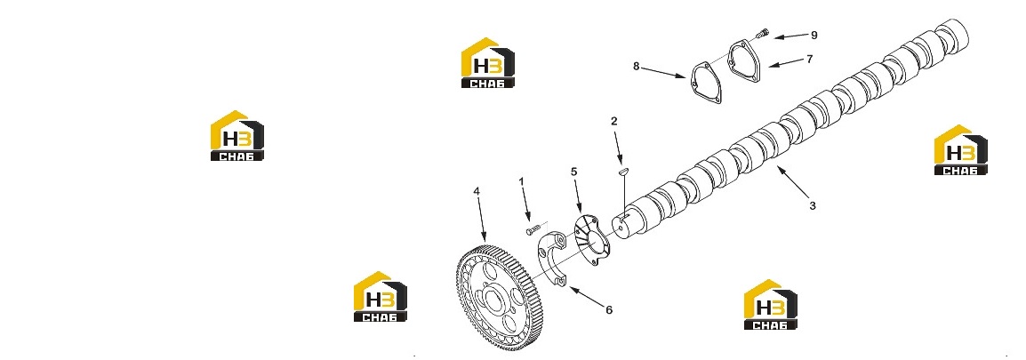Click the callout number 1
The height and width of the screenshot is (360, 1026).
click(522, 180)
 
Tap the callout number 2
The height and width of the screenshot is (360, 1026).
click(613, 121)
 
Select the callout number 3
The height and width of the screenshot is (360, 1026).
click(812, 205)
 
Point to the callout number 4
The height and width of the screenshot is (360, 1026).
click(477, 191)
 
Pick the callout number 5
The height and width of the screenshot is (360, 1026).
click(573, 172)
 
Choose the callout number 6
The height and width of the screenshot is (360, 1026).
click(608, 310)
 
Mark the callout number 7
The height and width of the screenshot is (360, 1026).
click(809, 59)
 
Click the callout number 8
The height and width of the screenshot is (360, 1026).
click(636, 66)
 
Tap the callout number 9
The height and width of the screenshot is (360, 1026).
click(814, 36)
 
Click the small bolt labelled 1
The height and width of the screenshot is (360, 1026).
click(533, 229)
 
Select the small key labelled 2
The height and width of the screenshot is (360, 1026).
click(623, 172)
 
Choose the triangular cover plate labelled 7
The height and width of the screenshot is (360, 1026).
click(745, 61)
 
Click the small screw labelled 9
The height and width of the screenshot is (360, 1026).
click(762, 31)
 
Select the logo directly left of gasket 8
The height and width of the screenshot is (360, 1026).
click(487, 63)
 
